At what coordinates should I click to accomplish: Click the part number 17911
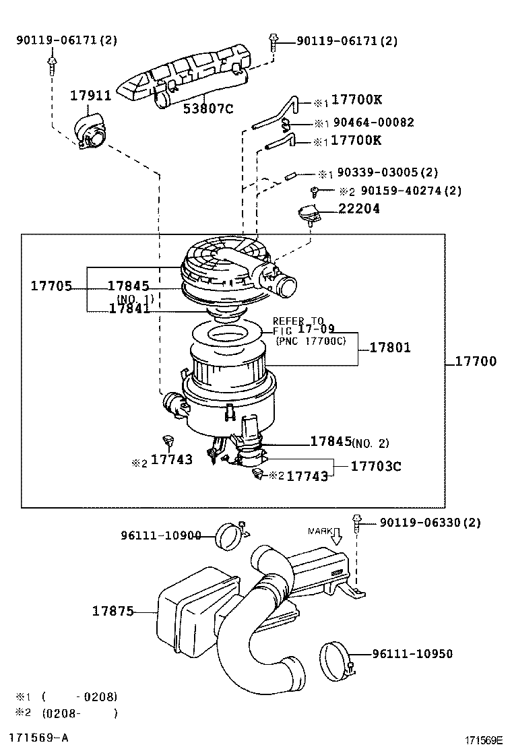coord(91,95)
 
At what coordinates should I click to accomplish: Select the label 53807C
coord(208,108)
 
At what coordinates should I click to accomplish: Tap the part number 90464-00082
coord(373,123)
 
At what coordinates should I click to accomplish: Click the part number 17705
coord(51,286)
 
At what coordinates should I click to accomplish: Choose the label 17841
coord(129,308)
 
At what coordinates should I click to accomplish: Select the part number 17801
coord(389,348)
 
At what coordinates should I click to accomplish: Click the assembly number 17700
coord(475,361)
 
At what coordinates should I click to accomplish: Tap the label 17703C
coord(376,465)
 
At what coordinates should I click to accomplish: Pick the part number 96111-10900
coord(161,535)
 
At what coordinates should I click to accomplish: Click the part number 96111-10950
coord(412,653)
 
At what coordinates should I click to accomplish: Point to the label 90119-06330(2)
coord(430,523)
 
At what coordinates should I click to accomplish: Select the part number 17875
coord(113,611)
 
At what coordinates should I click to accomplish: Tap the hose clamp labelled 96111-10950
coord(338,659)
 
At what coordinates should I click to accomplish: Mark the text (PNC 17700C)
coord(311,341)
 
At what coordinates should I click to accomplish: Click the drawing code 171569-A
coord(38,737)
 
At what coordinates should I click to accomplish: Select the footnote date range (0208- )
coord(79,713)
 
